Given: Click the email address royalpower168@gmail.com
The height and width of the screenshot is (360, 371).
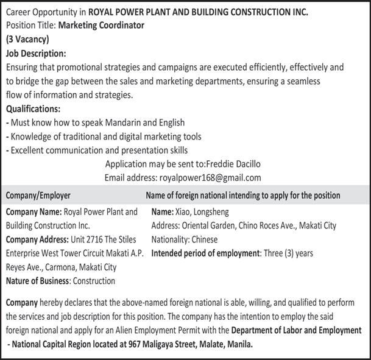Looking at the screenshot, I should tap(208, 178).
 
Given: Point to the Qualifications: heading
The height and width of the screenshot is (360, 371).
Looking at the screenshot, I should tap(34, 109).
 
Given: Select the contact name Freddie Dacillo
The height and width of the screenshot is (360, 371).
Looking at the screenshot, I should tap(235, 164).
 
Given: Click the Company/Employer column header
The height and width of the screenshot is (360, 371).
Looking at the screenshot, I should tap(38, 196).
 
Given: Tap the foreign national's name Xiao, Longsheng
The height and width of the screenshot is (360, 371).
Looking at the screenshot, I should tap(205, 212).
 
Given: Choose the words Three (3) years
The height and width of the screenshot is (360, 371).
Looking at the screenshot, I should tap(288, 253).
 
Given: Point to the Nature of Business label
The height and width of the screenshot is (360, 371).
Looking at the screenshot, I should tap(38, 281).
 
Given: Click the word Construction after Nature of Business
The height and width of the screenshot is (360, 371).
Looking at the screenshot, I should tap(94, 281).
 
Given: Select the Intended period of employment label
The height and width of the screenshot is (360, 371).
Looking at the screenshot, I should tap(206, 253).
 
